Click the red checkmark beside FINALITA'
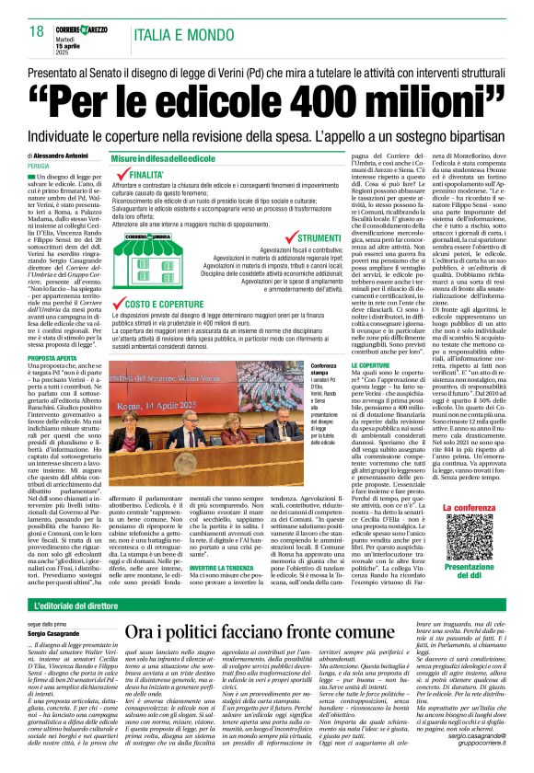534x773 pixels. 120,173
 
